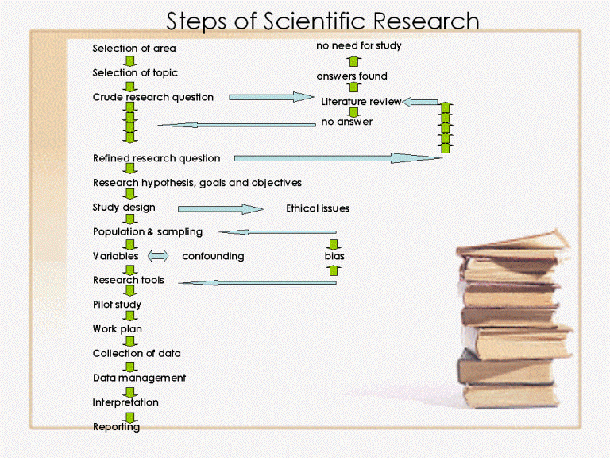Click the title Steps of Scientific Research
click(x=322, y=21)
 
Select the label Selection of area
click(x=134, y=49)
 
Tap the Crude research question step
click(x=152, y=97)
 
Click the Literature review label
click(x=361, y=102)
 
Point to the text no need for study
click(x=359, y=45)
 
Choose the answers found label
click(x=352, y=76)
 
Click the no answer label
click(x=346, y=122)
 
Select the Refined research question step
click(x=156, y=158)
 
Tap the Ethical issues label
click(x=318, y=208)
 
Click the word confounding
click(x=213, y=256)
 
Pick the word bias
click(x=334, y=256)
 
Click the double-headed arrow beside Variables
click(x=158, y=256)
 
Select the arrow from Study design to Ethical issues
click(x=221, y=209)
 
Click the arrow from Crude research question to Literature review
click(x=272, y=97)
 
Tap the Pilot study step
click(x=117, y=305)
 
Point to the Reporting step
click(x=116, y=427)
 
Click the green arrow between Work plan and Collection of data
click(x=130, y=341)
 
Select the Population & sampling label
click(x=148, y=231)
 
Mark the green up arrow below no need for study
click(x=353, y=61)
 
